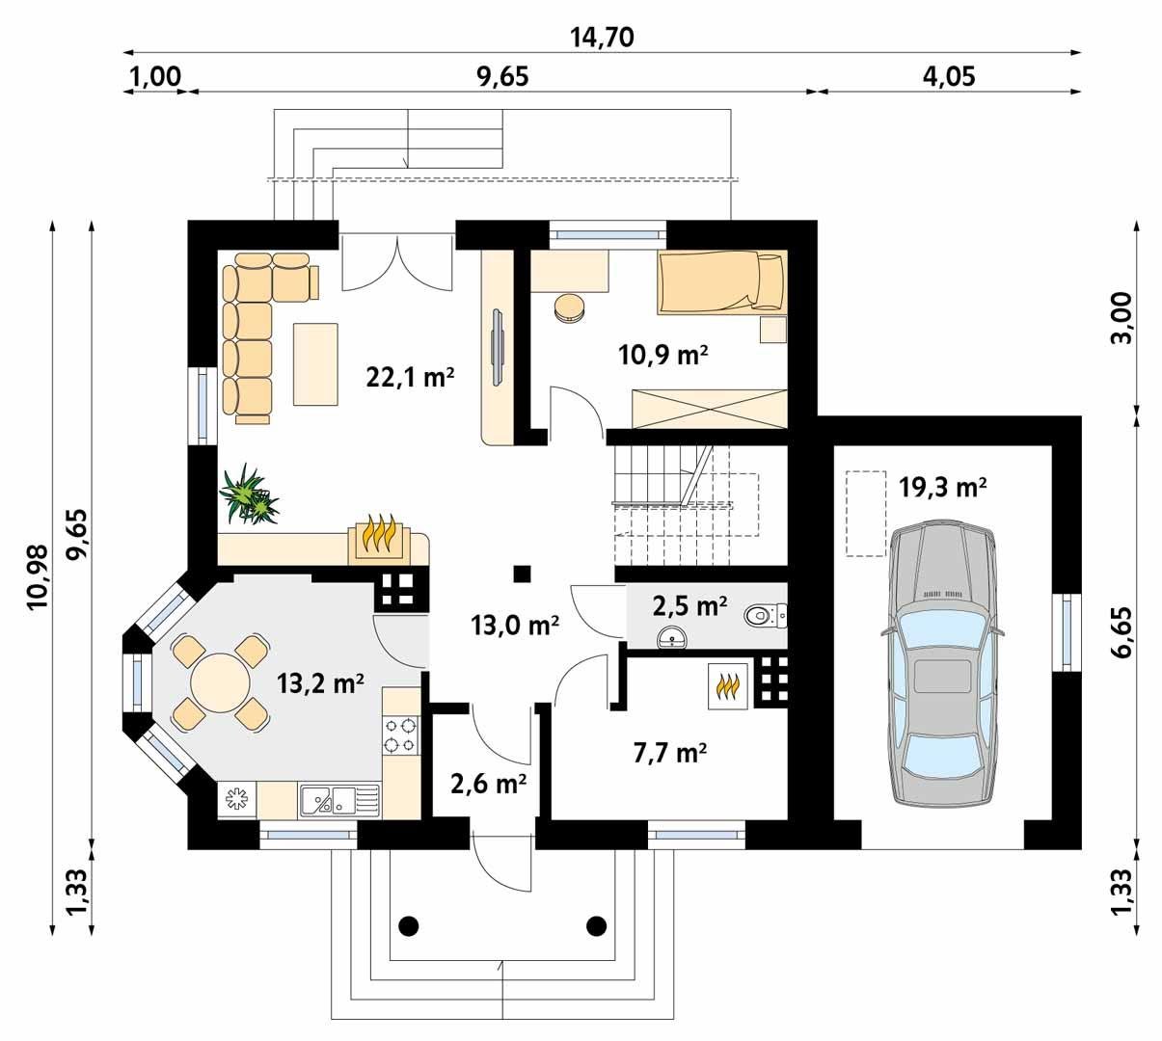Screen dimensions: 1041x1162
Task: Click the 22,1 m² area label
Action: click(x=410, y=377)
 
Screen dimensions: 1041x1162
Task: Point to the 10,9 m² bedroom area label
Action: click(x=663, y=355)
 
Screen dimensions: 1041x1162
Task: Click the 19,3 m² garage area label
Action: click(x=942, y=488)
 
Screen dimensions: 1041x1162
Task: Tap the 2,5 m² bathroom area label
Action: click(x=689, y=606)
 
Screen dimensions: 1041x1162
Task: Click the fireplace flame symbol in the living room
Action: click(x=382, y=537)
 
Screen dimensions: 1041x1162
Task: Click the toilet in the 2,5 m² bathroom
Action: click(x=767, y=614)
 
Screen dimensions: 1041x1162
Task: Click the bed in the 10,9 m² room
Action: click(x=720, y=282)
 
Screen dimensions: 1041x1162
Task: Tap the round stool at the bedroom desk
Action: click(x=569, y=307)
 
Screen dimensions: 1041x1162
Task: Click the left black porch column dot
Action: click(x=409, y=925)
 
